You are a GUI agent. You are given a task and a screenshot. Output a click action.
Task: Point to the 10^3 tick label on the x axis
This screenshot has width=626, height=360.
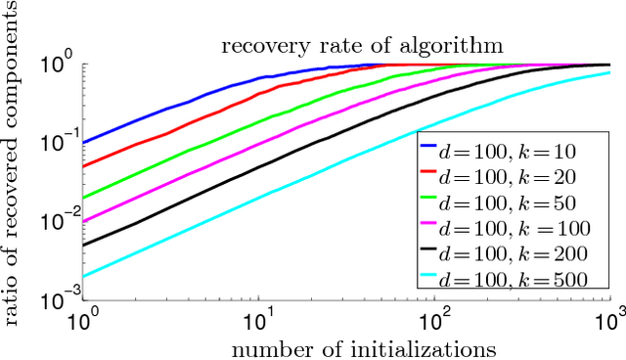pos(610,319)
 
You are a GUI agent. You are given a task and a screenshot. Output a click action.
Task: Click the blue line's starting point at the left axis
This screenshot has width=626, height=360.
pos(83,143)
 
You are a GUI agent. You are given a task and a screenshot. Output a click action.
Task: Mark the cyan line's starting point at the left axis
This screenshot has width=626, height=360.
pos(83,277)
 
